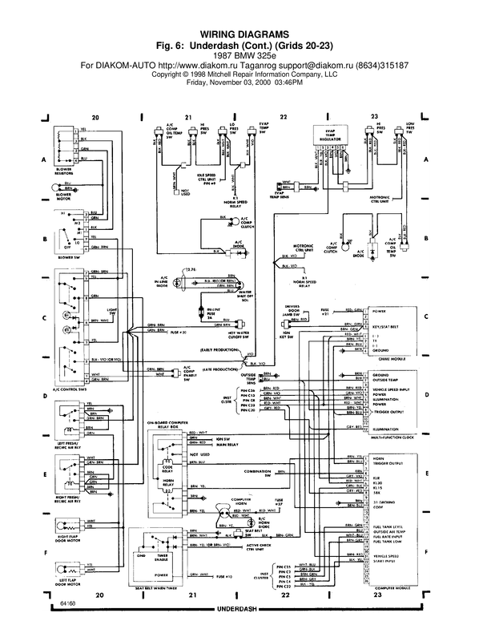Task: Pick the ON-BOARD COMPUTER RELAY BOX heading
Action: pos(171,425)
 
